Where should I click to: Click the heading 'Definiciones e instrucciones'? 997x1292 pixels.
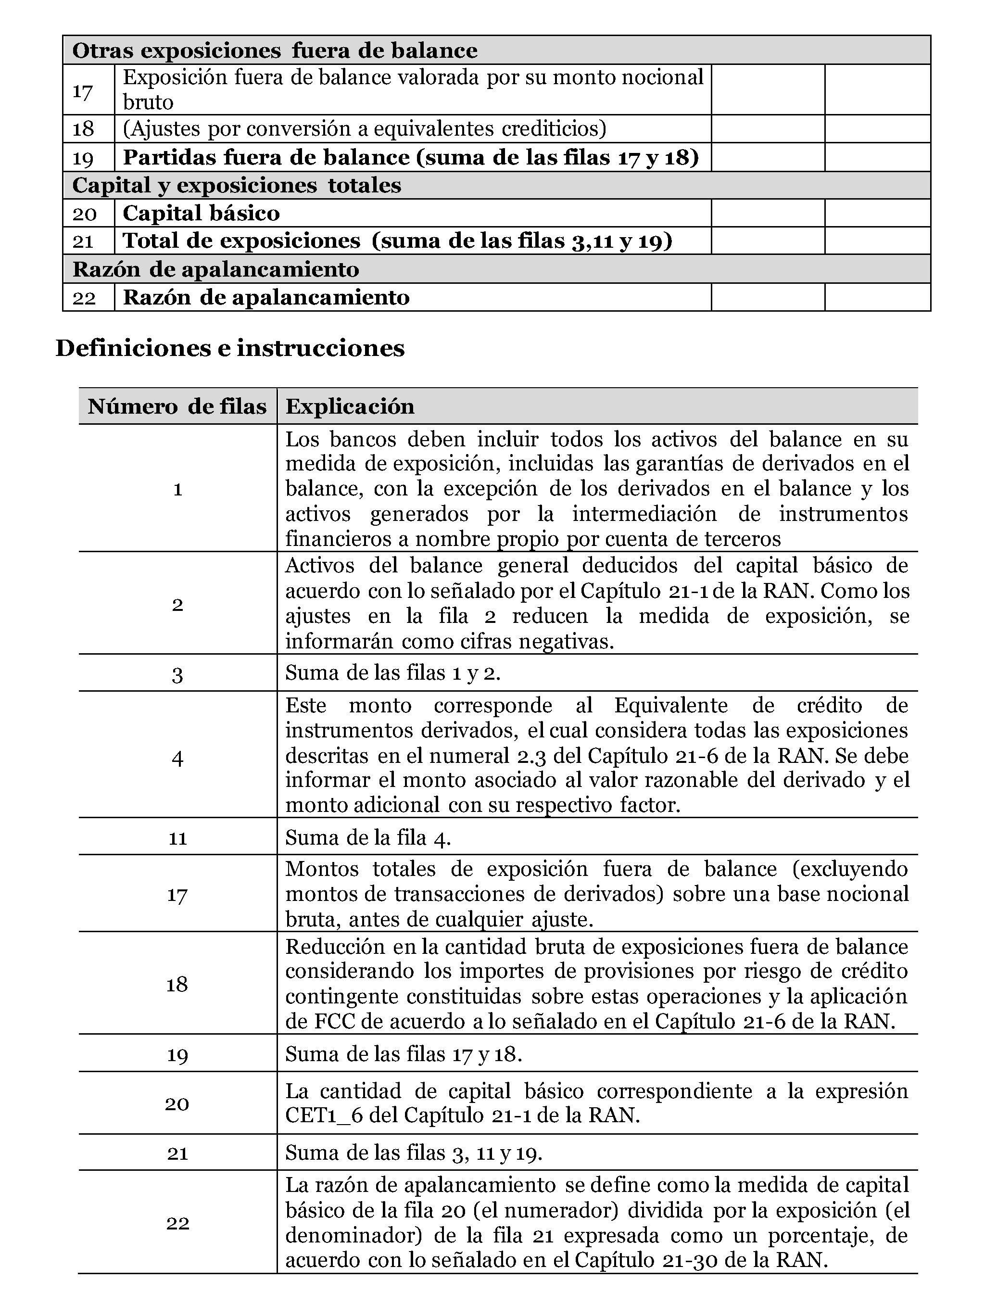tap(229, 348)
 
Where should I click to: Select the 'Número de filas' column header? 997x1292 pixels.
tap(177, 407)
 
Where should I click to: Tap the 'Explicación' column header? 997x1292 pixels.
tap(350, 407)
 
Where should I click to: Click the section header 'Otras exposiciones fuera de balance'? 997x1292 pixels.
tap(275, 51)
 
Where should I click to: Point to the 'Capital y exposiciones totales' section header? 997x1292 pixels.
tap(237, 186)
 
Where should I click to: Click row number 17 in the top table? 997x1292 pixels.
tap(83, 91)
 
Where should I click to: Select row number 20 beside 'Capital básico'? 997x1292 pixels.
tap(84, 214)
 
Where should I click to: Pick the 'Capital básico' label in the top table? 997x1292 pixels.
tap(201, 214)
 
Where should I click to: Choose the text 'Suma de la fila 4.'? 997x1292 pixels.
tap(368, 837)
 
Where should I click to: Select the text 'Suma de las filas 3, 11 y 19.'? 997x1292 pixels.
tap(413, 1153)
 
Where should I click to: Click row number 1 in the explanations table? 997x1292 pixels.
tap(177, 489)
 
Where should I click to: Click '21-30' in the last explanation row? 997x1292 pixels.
tap(690, 1259)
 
